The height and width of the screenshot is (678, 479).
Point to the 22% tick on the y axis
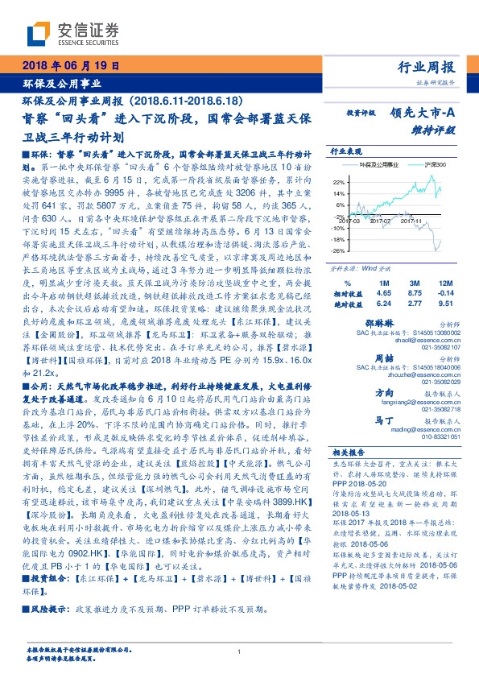tap(337, 182)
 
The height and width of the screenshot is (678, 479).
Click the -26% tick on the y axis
tap(337, 250)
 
